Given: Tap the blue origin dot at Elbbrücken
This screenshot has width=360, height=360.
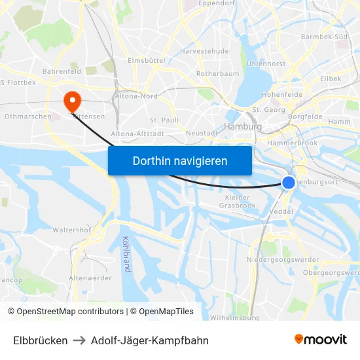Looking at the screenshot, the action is click(289, 183).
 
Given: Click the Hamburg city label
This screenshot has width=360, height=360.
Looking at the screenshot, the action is click(243, 126).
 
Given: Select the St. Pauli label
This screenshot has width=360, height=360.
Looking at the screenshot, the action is click(164, 120).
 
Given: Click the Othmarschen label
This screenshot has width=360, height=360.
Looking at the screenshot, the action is click(28, 116).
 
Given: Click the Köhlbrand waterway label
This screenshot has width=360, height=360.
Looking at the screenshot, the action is click(125, 253).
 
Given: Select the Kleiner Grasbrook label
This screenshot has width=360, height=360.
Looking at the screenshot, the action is click(237, 201).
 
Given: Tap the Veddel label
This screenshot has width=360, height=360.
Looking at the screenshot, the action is click(281, 212).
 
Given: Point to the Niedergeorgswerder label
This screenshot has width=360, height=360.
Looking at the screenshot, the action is click(283, 261).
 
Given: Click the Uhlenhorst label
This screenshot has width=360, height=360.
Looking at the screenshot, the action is click(266, 63).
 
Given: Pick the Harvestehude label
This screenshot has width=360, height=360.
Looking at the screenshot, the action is click(204, 50).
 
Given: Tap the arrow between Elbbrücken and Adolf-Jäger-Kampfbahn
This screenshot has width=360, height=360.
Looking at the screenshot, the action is click(79, 340).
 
